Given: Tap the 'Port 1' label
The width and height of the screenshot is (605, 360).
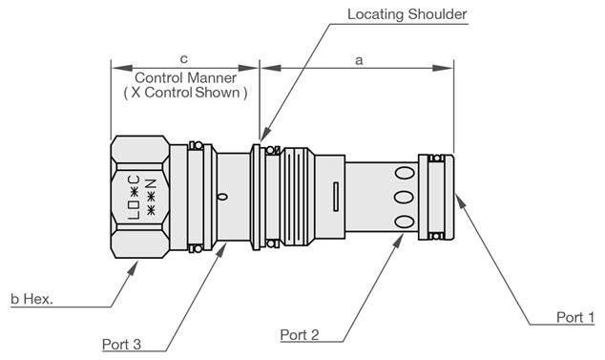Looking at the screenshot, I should pyautogui.click(x=575, y=316).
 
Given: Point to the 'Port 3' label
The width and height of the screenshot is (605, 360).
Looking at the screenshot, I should pyautogui.click(x=128, y=343).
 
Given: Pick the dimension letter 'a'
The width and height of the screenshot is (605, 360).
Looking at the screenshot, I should pyautogui.click(x=359, y=59).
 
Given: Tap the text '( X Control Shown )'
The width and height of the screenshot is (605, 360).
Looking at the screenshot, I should pyautogui.click(x=185, y=94).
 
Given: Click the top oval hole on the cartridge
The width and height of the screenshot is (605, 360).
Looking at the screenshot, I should pyautogui.click(x=405, y=174).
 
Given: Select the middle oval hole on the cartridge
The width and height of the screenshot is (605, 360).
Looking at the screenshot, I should pyautogui.click(x=405, y=198).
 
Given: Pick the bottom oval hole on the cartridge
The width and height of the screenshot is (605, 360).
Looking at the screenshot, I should pyautogui.click(x=405, y=222).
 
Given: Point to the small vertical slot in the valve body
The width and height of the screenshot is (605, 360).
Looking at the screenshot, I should pyautogui.click(x=336, y=199).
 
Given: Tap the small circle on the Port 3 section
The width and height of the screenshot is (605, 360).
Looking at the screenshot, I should pyautogui.click(x=222, y=198).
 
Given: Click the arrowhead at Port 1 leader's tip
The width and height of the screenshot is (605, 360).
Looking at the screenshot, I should pyautogui.click(x=459, y=199).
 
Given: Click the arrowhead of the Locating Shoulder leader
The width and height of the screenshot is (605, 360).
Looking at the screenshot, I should pyautogui.click(x=261, y=138).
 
